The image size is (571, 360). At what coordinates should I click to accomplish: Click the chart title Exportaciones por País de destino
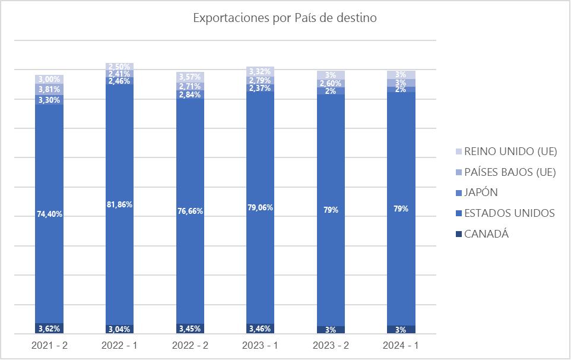[x=285, y=18]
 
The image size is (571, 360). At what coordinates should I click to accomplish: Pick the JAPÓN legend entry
[x=481, y=192]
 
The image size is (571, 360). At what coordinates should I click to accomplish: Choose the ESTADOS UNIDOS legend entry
[x=510, y=213]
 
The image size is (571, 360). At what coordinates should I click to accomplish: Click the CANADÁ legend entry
[x=487, y=234]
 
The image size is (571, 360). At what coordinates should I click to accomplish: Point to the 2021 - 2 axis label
[x=49, y=345]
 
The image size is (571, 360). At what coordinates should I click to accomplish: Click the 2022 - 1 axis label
[x=119, y=345]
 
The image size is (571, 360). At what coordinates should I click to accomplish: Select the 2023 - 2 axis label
[x=331, y=345]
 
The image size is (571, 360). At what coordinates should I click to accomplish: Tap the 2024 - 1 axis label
[x=401, y=345]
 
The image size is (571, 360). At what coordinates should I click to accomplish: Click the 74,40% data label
[x=49, y=214]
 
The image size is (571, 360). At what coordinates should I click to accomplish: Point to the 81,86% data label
[x=119, y=204]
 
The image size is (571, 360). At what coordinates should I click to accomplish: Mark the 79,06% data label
[x=260, y=209]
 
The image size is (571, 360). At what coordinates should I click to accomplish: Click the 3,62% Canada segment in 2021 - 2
[x=49, y=328]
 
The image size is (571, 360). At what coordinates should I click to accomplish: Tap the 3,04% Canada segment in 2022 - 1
[x=119, y=329]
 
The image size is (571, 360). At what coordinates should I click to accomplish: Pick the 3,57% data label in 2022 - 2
[x=190, y=77]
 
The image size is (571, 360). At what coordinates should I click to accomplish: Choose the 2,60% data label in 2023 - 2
[x=331, y=84]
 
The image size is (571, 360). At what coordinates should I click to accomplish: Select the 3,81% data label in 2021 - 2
[x=49, y=90]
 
